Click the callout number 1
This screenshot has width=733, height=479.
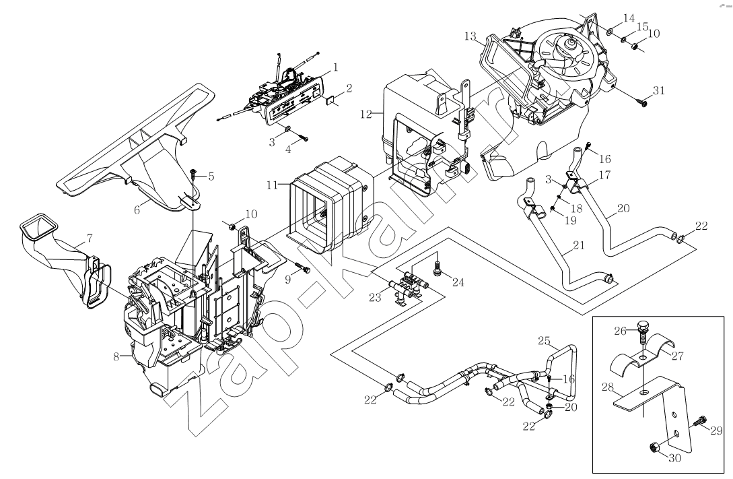pyautogui.click(x=335, y=67)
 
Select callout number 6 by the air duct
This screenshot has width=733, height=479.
pyautogui.click(x=137, y=210)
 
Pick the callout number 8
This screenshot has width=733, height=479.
pyautogui.click(x=116, y=356)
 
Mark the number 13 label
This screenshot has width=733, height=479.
pyautogui.click(x=469, y=36)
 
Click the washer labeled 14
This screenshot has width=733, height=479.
pyautogui.click(x=608, y=30)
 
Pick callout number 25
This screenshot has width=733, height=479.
pyautogui.click(x=544, y=342)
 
